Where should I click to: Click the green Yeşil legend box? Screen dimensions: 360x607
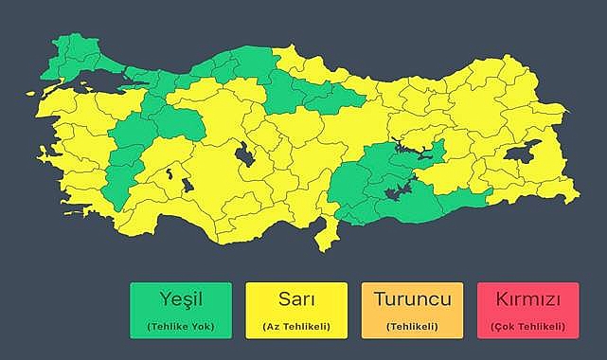pos(181,311)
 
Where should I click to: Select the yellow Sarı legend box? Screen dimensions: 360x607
pos(295,311)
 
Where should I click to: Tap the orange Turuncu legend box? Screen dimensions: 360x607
pos(412,311)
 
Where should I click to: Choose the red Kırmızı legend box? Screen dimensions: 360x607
pos(527,311)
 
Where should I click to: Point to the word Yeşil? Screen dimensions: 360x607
pos(181,300)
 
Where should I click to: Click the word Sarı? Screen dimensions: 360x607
pos(296,300)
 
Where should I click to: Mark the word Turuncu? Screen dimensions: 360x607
pos(412,300)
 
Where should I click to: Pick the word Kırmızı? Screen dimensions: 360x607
pos(527,300)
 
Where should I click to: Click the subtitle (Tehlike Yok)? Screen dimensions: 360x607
pos(181,327)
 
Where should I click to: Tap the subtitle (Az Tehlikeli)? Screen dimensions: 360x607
pos(296,327)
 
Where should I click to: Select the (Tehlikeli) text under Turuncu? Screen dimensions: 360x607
pos(412,327)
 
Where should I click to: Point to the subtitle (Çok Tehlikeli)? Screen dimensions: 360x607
pos(527,327)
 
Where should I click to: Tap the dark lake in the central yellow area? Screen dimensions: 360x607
pos(245,153)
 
